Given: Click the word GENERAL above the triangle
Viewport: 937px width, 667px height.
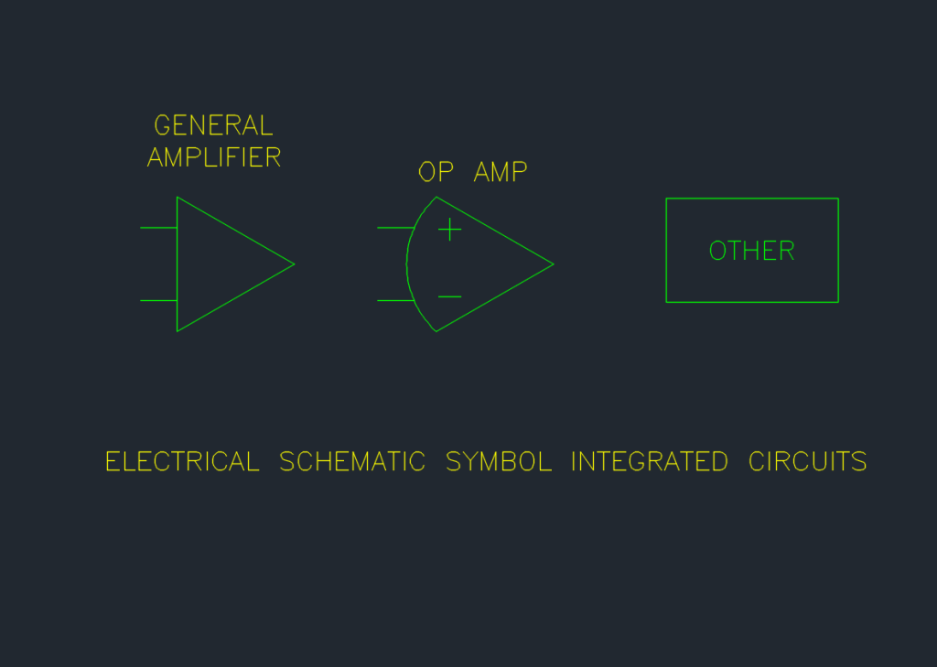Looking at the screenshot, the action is [x=213, y=125].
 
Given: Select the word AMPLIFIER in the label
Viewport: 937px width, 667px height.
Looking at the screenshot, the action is [x=214, y=157].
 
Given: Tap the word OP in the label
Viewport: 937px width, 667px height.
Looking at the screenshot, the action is [x=436, y=171].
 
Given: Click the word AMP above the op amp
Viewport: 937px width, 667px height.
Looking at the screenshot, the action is [x=501, y=171].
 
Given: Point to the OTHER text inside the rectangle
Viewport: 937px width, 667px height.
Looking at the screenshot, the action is [x=752, y=251].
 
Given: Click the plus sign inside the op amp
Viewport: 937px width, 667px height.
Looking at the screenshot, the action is [x=450, y=230].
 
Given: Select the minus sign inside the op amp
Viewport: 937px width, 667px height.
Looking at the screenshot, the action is [x=450, y=296].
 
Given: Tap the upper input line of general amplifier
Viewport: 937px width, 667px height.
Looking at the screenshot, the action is [x=158, y=228].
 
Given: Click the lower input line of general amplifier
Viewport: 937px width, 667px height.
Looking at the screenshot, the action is [x=158, y=300].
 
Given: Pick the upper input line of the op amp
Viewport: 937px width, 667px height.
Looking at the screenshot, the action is [x=395, y=228].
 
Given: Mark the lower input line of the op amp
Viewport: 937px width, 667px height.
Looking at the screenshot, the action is [x=395, y=300].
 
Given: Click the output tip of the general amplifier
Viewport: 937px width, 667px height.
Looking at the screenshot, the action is [x=294, y=264].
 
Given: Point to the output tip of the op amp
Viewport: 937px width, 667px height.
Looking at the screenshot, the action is [x=554, y=264].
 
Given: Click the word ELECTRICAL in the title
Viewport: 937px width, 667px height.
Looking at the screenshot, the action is [x=182, y=461].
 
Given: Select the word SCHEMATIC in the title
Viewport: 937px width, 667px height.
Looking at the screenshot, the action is [x=352, y=461].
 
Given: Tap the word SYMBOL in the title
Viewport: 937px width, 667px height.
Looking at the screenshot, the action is [x=499, y=461].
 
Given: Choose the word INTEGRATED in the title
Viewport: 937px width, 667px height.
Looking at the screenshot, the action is [x=650, y=461].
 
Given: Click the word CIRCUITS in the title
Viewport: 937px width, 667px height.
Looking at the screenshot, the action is [x=807, y=461].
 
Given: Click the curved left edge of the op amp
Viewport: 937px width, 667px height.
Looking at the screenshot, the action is [x=407, y=264].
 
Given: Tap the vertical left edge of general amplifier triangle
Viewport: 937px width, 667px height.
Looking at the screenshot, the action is [x=177, y=264].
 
